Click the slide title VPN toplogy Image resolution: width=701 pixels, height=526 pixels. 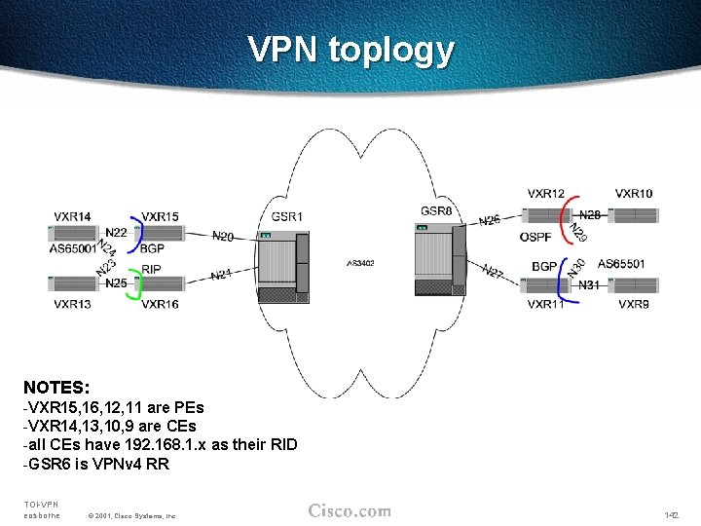tap(350, 49)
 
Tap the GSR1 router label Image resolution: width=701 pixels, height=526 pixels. tap(286, 216)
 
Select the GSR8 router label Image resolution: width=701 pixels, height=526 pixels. tap(436, 211)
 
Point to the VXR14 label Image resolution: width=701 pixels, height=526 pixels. tap(73, 216)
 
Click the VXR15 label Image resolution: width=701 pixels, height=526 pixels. tap(160, 216)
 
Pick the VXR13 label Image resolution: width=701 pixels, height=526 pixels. tap(73, 305)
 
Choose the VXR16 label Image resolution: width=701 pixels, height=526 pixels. tap(160, 305)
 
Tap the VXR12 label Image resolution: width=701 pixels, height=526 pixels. tap(545, 194)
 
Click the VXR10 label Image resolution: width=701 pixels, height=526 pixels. tap(634, 194)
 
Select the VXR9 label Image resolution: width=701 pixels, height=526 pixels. tap(634, 305)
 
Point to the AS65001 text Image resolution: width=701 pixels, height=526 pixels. tap(72, 249)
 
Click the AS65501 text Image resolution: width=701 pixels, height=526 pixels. tap(620, 264)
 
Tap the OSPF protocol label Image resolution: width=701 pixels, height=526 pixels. tap(536, 237)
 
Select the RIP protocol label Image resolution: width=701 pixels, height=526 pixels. tap(151, 269)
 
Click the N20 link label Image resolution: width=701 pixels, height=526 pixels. tap(223, 236)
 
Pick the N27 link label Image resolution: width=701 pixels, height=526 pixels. tap(493, 273)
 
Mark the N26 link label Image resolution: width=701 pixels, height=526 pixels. tap(490, 220)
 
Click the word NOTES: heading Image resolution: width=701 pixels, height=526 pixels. tap(56, 388)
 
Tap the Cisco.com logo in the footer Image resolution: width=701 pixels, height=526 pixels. tap(350, 511)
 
